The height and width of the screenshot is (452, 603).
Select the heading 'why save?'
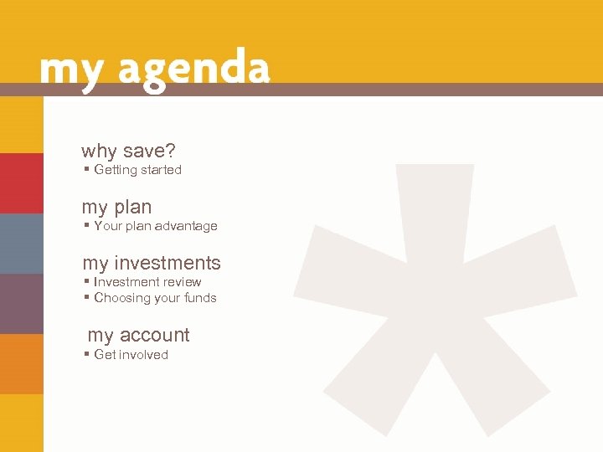128,152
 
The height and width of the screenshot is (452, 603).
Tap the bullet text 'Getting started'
137,170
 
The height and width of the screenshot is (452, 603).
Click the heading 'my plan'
116,207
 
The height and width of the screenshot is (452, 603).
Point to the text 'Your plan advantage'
155,226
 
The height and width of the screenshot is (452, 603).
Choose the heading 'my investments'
151,263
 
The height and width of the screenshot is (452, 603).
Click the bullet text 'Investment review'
147,282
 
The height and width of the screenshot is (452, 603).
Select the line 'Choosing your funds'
155,298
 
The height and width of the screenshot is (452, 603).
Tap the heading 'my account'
138,335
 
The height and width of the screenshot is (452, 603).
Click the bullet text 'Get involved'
131,355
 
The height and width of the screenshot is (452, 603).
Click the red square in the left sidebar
22,183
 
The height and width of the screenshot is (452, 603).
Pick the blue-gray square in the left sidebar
22,244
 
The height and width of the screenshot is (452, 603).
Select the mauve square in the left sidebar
22,304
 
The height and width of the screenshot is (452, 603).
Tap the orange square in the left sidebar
22,364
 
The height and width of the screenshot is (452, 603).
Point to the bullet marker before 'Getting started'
87,170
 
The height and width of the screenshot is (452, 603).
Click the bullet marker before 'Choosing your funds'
87,298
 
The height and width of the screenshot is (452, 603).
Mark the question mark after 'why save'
170,152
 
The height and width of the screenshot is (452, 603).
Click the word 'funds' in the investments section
201,298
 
